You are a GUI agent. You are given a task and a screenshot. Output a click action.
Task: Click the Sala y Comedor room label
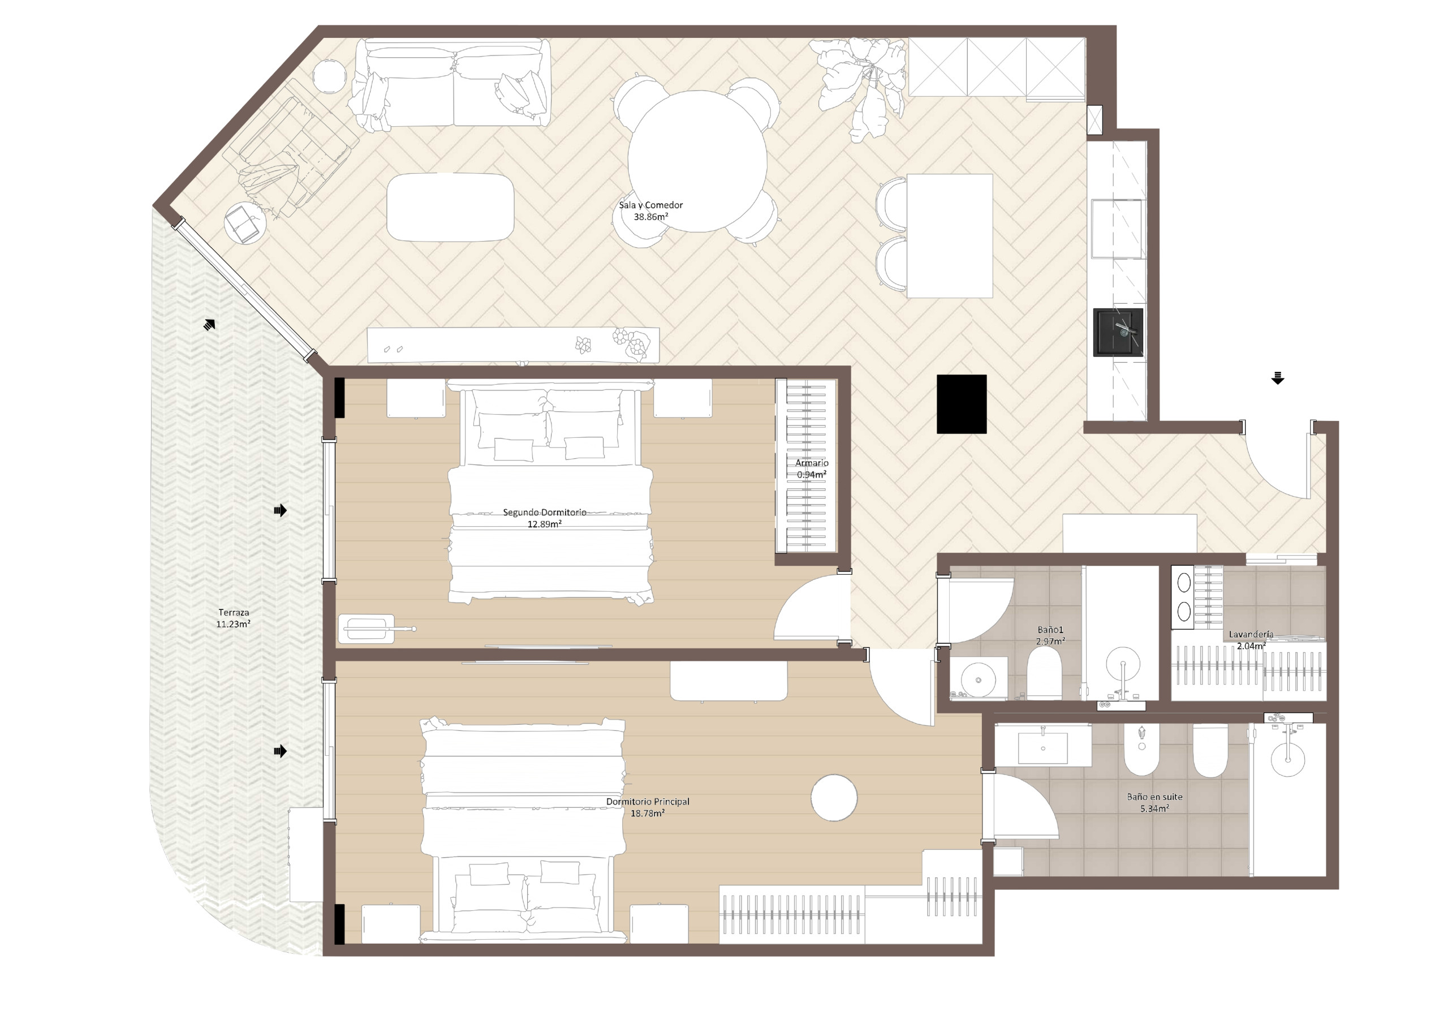click(650, 205)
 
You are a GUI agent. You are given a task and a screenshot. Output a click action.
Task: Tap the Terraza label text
click(234, 612)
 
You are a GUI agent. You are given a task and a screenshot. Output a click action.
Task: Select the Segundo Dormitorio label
click(544, 513)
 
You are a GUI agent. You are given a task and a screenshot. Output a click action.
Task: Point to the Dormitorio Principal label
click(648, 801)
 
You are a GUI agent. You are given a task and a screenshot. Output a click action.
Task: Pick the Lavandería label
click(1251, 634)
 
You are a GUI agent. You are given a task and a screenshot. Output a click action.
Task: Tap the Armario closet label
click(811, 463)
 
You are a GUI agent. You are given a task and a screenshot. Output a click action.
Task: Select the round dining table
click(697, 161)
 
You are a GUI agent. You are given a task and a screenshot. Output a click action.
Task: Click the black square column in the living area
click(961, 404)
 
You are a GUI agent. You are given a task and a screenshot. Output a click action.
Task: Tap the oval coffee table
click(450, 207)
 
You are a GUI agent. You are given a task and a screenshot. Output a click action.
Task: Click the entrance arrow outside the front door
click(1277, 378)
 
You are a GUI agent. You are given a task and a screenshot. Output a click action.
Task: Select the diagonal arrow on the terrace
click(209, 324)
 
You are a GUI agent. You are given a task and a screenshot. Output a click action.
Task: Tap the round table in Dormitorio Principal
click(834, 798)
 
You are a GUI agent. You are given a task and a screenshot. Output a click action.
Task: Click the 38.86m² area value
click(650, 217)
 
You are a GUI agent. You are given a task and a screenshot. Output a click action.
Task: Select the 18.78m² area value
click(647, 814)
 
